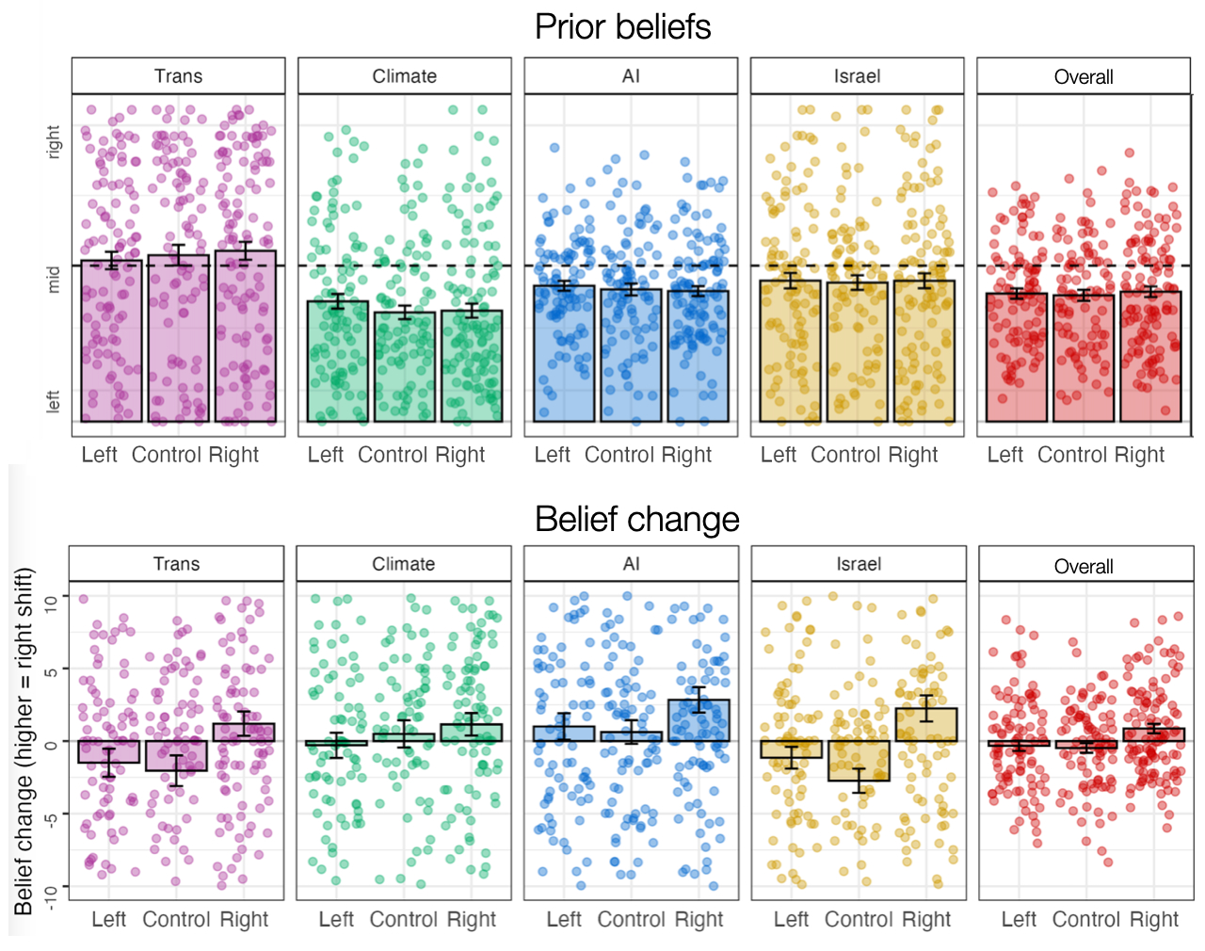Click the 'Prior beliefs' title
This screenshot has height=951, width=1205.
(622, 27)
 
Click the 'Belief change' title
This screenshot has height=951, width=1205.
(636, 519)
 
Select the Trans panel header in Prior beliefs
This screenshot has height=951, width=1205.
(178, 76)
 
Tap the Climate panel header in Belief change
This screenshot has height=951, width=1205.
(403, 564)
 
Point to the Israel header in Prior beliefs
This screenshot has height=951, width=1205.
(857, 76)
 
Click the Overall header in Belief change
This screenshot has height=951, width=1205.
(1084, 566)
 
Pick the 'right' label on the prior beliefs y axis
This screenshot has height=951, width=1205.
(54, 141)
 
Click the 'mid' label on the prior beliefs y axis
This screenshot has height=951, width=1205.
(54, 279)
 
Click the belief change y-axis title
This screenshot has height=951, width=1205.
(24, 741)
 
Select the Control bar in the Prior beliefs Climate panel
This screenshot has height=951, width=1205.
(405, 367)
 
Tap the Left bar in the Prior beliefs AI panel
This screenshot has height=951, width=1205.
(564, 353)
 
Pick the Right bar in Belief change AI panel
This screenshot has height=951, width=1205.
(699, 720)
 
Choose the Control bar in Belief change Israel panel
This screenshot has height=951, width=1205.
(859, 761)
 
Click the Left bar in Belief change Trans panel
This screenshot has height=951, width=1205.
(109, 751)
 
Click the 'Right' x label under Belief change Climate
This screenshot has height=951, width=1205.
(471, 919)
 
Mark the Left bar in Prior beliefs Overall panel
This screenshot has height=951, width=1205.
(1016, 357)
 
